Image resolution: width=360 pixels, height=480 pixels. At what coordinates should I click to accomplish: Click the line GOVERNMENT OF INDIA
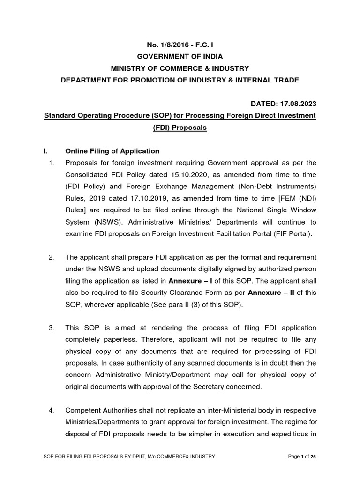click(x=180, y=56)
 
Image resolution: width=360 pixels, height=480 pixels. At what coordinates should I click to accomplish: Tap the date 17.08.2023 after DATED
click(x=297, y=103)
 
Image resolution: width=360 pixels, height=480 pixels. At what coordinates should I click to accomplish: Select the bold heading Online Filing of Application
click(x=112, y=151)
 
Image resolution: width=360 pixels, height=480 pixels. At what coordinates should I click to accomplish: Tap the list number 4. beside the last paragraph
click(x=52, y=411)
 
